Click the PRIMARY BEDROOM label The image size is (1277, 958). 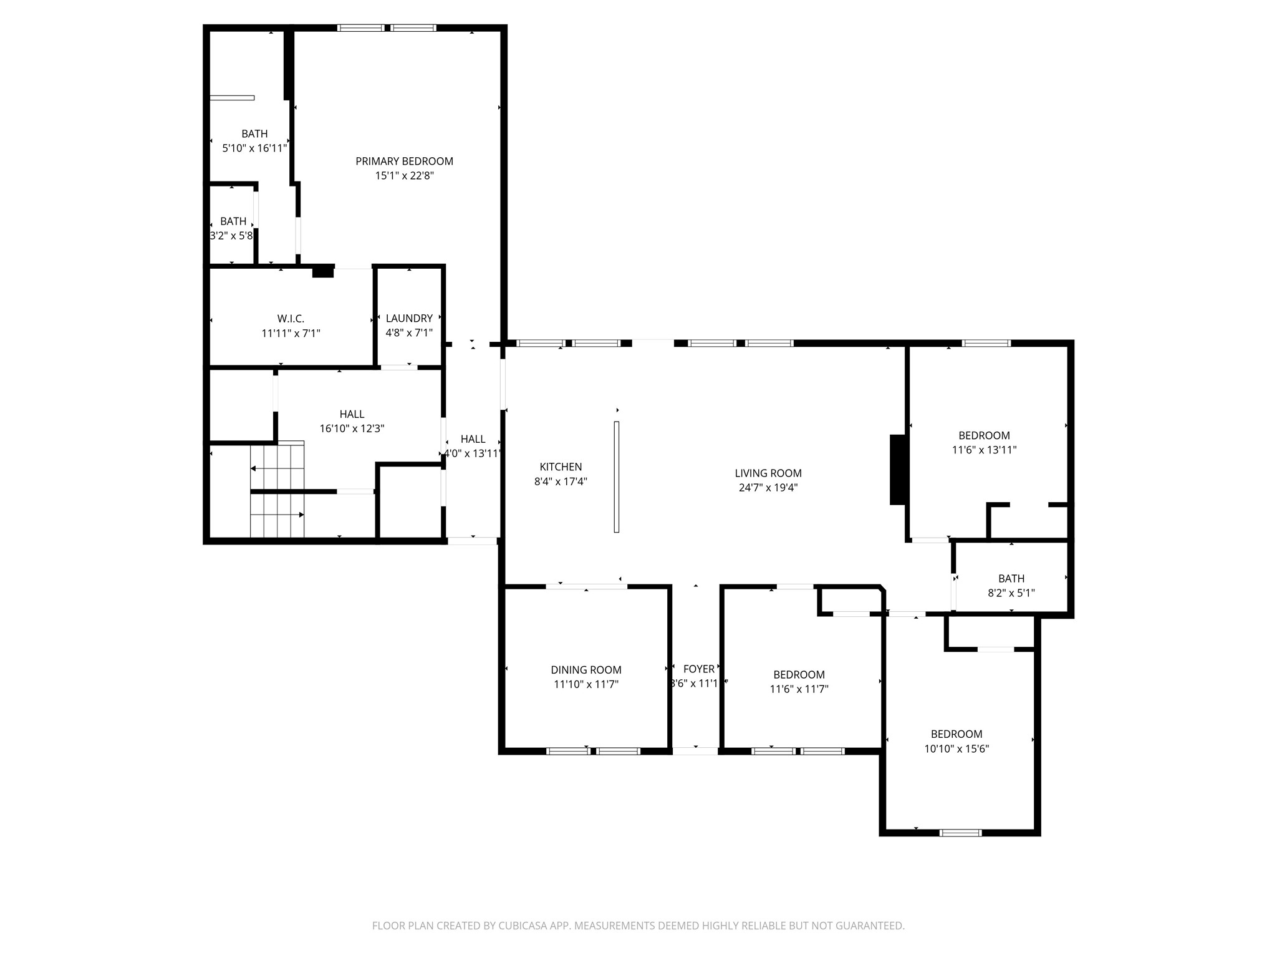click(x=404, y=161)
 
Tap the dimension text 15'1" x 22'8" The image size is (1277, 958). click(x=404, y=176)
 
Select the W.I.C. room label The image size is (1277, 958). click(x=291, y=319)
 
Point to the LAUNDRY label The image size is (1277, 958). click(x=409, y=318)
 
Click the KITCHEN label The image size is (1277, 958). click(x=561, y=467)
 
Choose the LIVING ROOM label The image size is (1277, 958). click(x=768, y=473)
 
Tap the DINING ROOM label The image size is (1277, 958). click(x=585, y=670)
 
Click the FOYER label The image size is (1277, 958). click(x=698, y=669)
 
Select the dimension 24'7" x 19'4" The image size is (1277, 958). click(x=768, y=488)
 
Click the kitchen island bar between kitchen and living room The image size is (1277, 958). click(x=616, y=477)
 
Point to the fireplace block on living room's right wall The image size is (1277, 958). click(x=897, y=469)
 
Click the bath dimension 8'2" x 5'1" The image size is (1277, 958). click(x=1011, y=593)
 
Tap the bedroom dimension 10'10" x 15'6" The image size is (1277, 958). click(x=957, y=749)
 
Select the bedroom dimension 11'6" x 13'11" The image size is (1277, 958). click(x=984, y=450)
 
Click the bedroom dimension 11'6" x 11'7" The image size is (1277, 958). click(x=799, y=689)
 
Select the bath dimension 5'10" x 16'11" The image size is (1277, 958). click(x=254, y=148)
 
